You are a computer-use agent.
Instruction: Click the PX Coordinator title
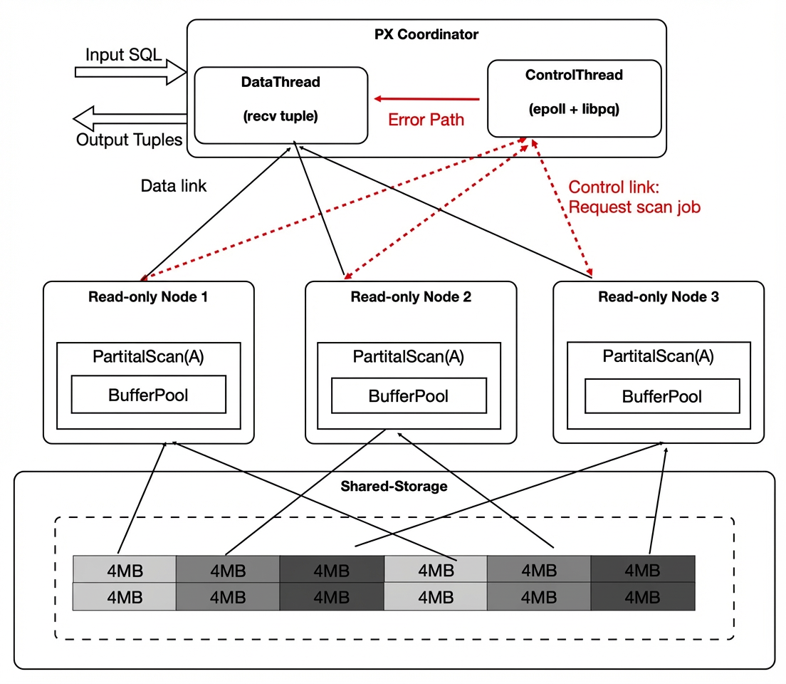tap(426, 34)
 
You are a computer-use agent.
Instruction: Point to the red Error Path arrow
tap(426, 99)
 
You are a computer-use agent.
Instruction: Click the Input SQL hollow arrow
tap(130, 72)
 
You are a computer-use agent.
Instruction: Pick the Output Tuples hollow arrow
tap(130, 118)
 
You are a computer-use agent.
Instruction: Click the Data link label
tap(174, 186)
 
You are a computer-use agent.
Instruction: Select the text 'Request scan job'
tap(634, 207)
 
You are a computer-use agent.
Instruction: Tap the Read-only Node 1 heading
tap(148, 296)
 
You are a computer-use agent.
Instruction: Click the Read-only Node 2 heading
tap(411, 296)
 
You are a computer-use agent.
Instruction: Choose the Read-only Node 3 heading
tap(659, 296)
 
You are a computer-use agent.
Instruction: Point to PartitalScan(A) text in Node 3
tap(658, 356)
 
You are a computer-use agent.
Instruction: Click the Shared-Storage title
tap(394, 486)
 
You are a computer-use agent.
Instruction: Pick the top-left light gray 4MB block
tap(125, 569)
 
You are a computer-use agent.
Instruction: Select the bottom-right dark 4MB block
tap(643, 596)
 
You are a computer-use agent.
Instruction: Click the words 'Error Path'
tap(426, 120)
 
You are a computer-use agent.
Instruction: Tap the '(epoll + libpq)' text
tap(574, 109)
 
